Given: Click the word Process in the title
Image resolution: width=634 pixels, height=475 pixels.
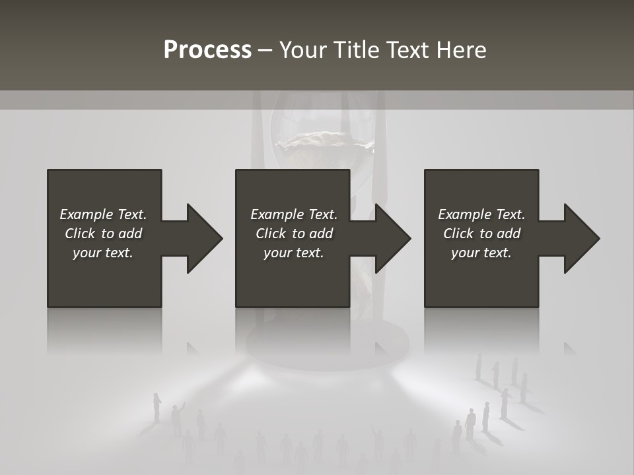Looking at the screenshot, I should (x=207, y=50).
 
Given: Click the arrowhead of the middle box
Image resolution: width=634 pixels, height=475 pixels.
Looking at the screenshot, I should (x=392, y=238).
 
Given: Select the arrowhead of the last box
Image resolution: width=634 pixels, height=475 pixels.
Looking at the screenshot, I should (x=581, y=238).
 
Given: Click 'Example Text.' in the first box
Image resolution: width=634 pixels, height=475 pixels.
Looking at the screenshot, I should (x=103, y=214).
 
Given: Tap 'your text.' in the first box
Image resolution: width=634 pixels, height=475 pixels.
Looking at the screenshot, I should (x=103, y=253).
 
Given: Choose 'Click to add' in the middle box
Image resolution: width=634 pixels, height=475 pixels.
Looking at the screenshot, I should (x=294, y=234).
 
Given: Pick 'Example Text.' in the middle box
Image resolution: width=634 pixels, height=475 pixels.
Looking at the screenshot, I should (x=294, y=214).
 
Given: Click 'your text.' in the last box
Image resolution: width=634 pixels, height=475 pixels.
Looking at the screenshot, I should (x=481, y=253).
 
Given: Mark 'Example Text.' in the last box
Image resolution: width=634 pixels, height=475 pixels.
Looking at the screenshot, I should (x=481, y=214).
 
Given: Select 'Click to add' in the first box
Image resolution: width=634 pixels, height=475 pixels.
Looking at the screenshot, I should (x=103, y=234).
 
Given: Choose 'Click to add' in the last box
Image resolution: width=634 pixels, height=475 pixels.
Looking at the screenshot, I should (x=481, y=234).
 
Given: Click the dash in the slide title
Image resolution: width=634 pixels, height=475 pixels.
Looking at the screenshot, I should (x=265, y=51).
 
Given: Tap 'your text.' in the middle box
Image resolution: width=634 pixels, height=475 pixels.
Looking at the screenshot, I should (x=294, y=253).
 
